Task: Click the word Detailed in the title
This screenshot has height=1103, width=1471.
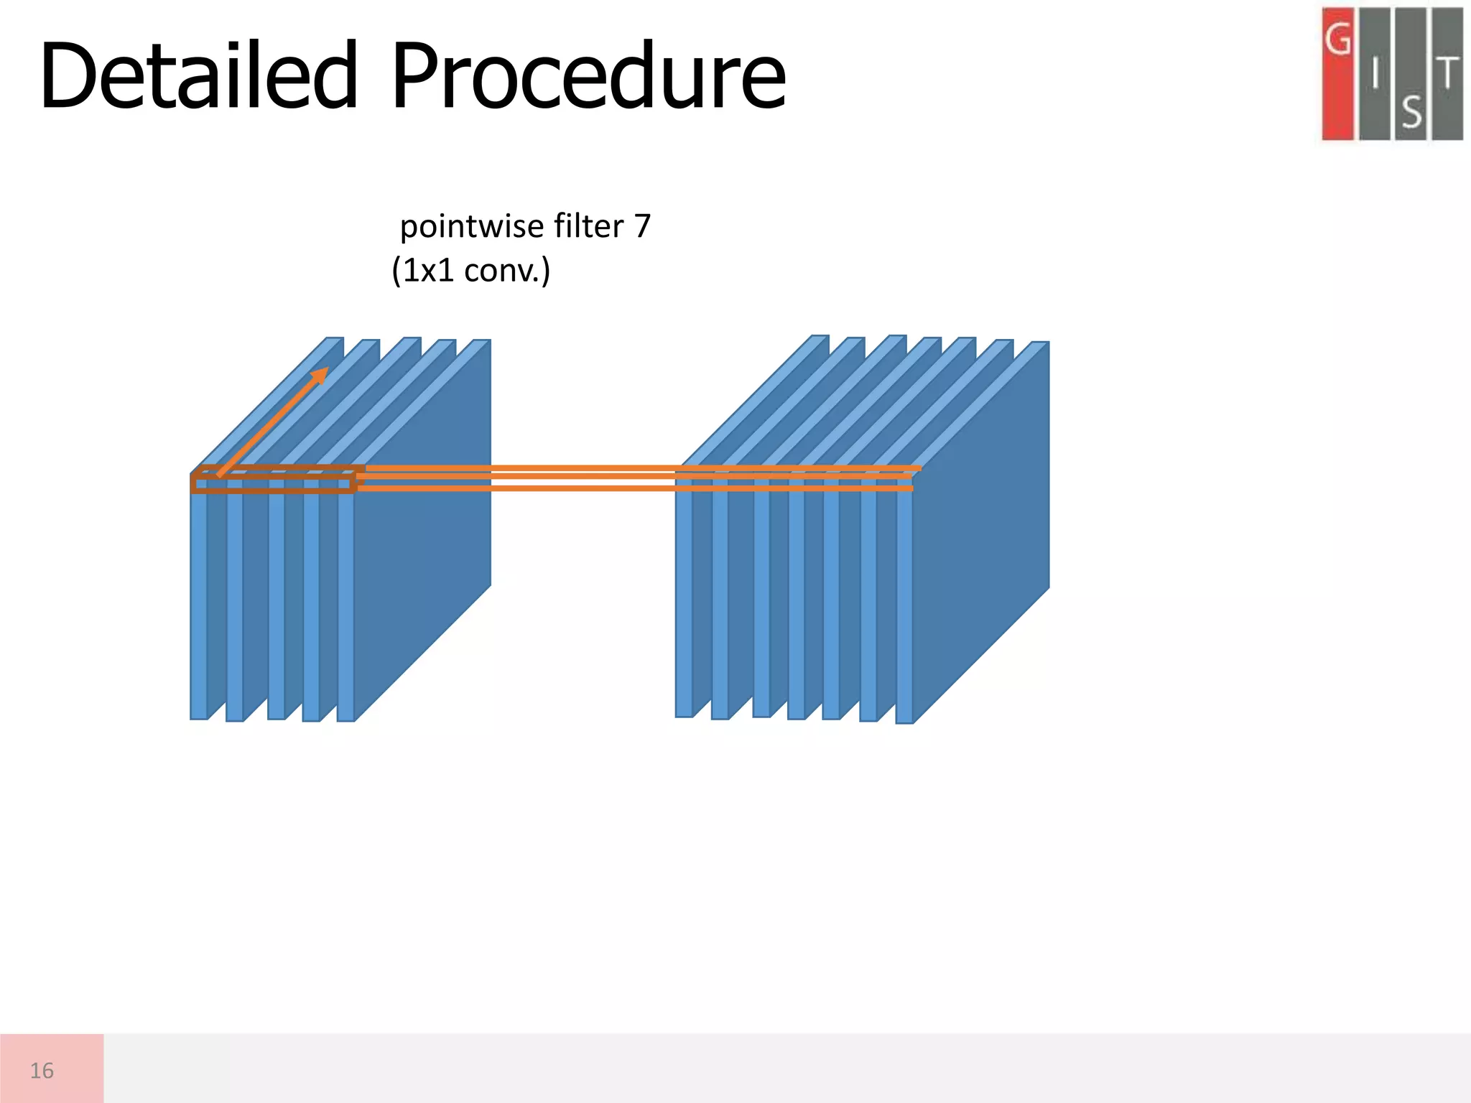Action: pos(198,76)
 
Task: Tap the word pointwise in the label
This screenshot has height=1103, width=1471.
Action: pos(462,227)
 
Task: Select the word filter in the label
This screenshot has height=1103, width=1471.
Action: pos(578,227)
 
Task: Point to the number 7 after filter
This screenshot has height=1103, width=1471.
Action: pos(641,227)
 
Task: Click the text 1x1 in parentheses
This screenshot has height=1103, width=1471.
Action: pos(428,271)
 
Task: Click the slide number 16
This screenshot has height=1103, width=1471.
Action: pos(42,1071)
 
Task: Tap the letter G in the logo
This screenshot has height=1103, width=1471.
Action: pos(1337,39)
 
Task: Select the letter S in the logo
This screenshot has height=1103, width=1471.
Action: pos(1411,112)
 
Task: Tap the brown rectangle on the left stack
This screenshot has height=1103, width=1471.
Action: pos(273,485)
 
